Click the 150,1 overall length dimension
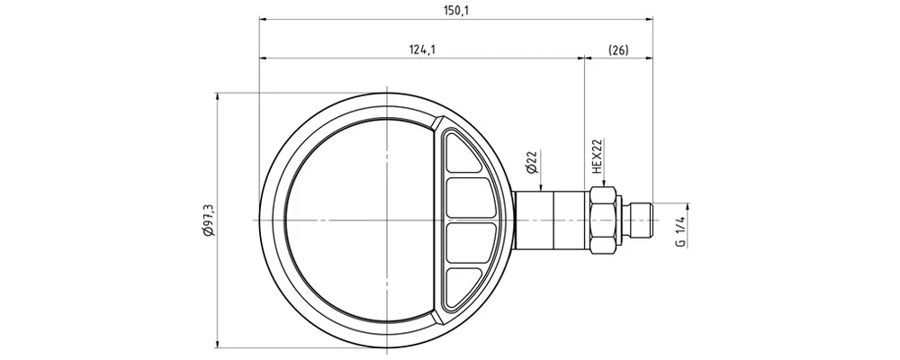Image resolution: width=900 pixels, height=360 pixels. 456,10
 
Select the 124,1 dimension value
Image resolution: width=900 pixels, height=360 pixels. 422,49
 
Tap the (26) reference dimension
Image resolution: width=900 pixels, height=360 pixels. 618,49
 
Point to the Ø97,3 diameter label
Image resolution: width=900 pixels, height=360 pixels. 209,220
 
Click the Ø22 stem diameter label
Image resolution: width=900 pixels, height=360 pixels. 531,163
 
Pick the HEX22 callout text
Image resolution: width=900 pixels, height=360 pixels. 597,157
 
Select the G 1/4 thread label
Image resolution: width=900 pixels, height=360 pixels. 680,231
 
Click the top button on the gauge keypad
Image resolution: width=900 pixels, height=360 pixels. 463,152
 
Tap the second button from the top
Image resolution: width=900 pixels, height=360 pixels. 471,197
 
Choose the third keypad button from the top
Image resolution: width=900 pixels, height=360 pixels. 471,243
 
